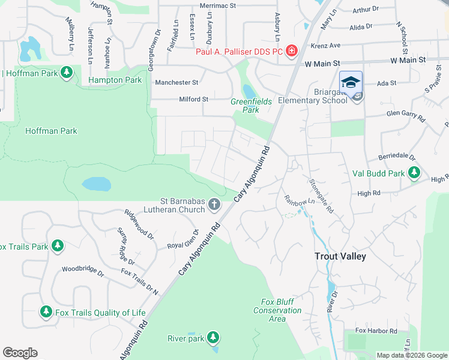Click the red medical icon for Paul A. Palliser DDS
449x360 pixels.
pyautogui.click(x=292, y=51)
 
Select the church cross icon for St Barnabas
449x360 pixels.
pyautogui.click(x=213, y=206)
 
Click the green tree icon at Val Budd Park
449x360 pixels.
pyautogui.click(x=414, y=173)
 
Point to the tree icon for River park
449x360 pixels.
pyautogui.click(x=212, y=338)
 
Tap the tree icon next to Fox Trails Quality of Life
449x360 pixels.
pyautogui.click(x=46, y=312)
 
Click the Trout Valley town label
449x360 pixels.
pyautogui.click(x=340, y=256)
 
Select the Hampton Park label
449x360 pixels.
pyautogui.click(x=115, y=80)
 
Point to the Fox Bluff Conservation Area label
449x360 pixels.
pyautogui.click(x=277, y=310)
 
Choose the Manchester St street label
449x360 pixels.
pyautogui.click(x=176, y=82)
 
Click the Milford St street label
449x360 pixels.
pyautogui.click(x=193, y=99)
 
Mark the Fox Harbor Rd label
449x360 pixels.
pyautogui.click(x=376, y=331)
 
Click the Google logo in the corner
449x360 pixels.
pyautogui.click(x=20, y=353)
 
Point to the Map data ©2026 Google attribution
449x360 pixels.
pyautogui.click(x=411, y=355)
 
